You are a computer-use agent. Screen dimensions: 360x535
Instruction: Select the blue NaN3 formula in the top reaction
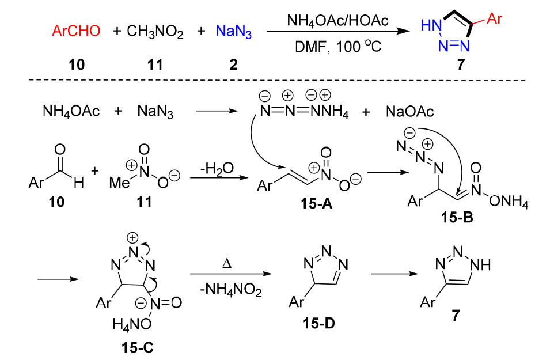pyautogui.click(x=234, y=31)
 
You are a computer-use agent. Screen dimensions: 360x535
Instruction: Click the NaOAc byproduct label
pyautogui.click(x=409, y=111)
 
